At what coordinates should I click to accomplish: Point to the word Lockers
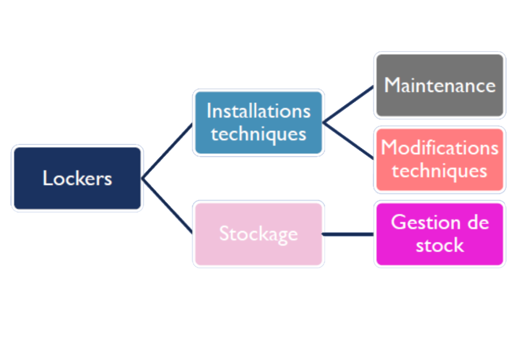coord(77,178)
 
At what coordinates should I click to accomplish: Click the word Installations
coord(258,111)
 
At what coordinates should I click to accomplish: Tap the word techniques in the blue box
coord(258,134)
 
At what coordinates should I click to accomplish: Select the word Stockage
coord(258,234)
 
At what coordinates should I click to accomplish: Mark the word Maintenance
coord(439,85)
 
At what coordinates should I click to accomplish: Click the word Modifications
coord(439,148)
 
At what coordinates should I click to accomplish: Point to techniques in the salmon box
coord(439,171)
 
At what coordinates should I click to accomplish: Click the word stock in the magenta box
coord(439,246)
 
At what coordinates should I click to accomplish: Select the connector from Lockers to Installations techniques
coord(168,150)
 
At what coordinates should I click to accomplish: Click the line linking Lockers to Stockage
coord(168,206)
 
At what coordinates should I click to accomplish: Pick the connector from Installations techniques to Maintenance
coord(348,104)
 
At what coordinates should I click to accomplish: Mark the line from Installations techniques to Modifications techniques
coord(348,141)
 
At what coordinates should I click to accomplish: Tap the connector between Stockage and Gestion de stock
coord(348,234)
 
